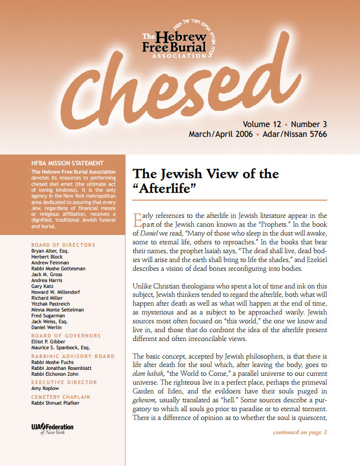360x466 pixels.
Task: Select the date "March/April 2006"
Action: [x=221, y=134]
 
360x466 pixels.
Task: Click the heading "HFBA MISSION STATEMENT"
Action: [x=67, y=163]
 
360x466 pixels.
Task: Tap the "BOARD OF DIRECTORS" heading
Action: [x=63, y=245]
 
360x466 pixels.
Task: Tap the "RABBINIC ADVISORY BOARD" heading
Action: [x=73, y=356]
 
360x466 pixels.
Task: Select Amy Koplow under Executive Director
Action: [x=46, y=388]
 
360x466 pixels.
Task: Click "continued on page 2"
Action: [x=299, y=432]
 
